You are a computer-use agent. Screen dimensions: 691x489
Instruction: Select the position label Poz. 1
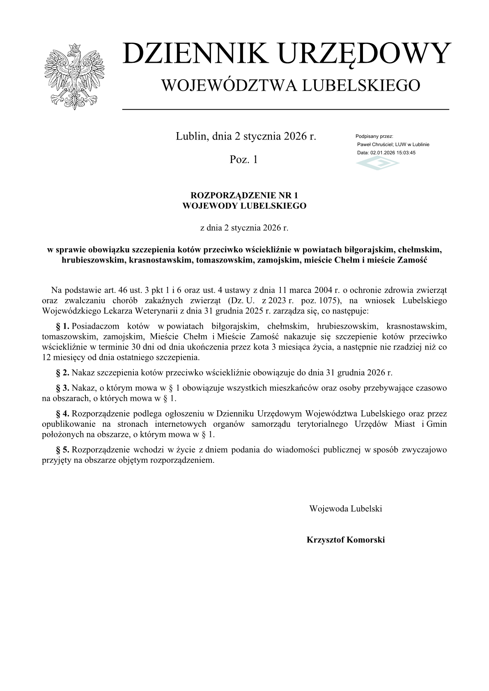[244, 160]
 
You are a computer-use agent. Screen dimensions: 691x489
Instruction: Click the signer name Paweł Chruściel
[375, 144]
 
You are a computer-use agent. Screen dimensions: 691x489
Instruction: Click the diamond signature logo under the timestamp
[377, 164]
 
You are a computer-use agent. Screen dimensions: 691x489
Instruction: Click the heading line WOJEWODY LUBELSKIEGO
[244, 206]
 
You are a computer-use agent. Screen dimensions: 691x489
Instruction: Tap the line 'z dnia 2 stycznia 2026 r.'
[244, 228]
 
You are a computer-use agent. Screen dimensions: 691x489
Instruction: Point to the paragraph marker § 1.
[63, 326]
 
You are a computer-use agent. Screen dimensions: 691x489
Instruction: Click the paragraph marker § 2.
[63, 373]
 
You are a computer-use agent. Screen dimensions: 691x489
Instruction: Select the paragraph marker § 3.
[63, 388]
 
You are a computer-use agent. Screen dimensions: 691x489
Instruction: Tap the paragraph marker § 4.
[63, 414]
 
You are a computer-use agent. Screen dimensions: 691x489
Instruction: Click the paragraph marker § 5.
[63, 450]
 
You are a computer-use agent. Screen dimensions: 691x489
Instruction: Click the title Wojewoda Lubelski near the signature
[345, 509]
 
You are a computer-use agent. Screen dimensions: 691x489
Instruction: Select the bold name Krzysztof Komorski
[345, 540]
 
